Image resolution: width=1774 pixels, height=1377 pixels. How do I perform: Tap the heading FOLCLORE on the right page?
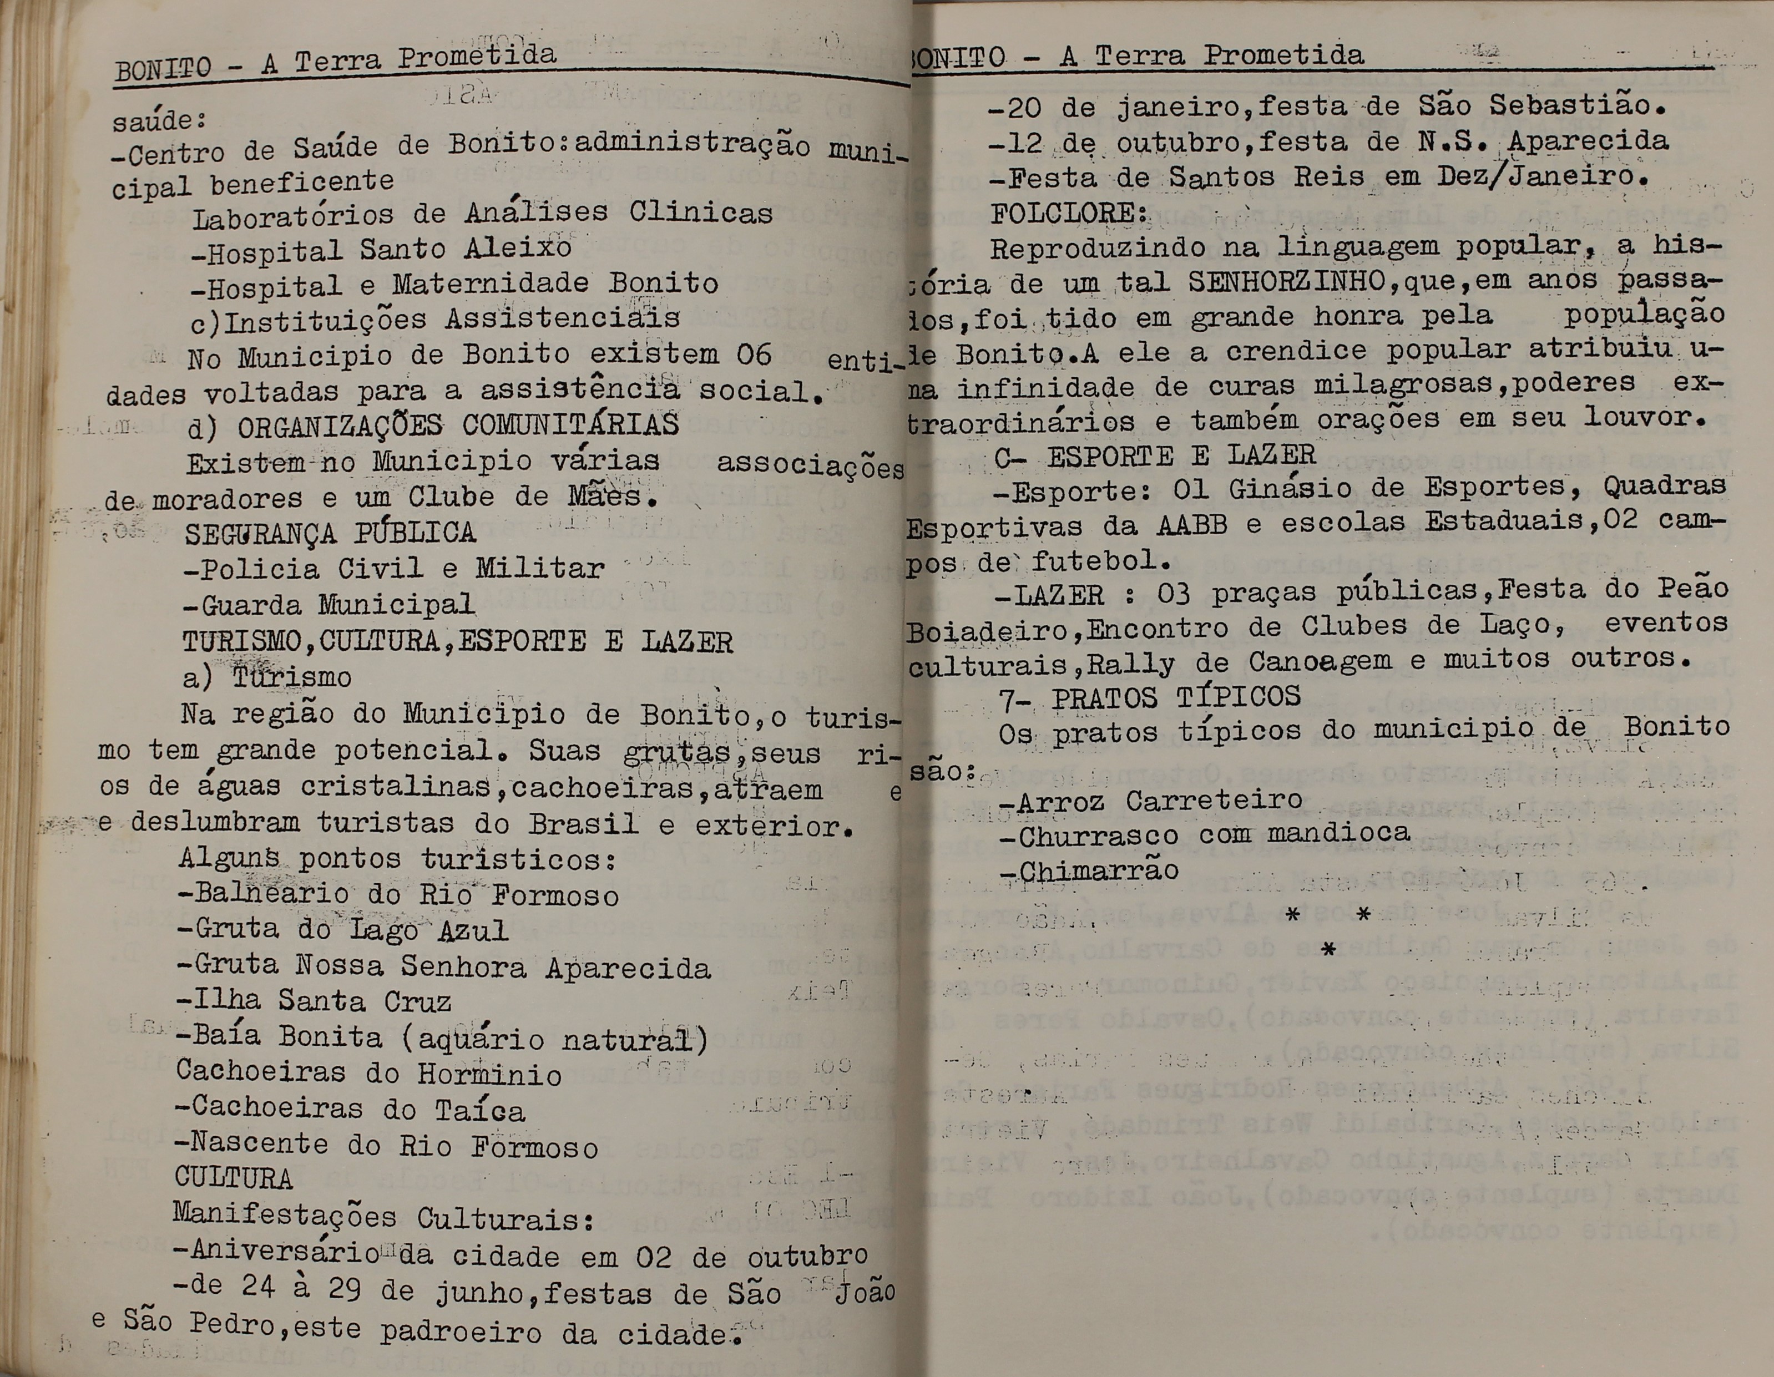pos(1067,212)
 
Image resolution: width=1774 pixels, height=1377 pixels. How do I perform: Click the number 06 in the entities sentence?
pos(754,354)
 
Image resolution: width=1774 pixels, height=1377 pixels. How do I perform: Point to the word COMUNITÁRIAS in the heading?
pos(570,424)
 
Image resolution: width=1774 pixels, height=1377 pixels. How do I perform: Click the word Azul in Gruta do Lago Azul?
pos(473,930)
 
